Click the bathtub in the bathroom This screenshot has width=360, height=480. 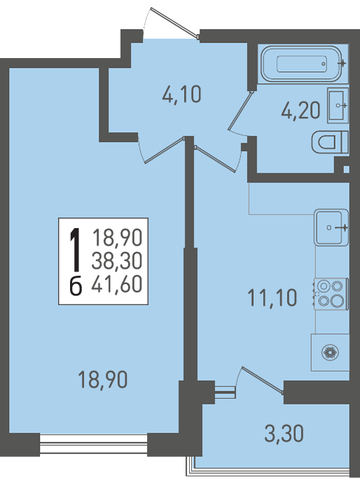pos(302,64)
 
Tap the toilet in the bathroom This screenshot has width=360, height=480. pos(330,142)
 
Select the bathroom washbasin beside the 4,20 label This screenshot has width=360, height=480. pos(338,105)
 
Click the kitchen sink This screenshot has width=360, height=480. pos(331,227)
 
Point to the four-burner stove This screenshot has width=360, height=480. pos(331,294)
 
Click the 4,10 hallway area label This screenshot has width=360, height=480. pos(182,94)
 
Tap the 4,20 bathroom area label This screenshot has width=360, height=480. pos(300,110)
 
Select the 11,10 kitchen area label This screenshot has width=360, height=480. pos(272,297)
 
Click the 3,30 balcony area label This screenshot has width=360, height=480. pos(284,433)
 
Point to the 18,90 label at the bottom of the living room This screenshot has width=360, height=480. pos(103,379)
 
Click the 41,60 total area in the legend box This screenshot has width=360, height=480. pos(117,284)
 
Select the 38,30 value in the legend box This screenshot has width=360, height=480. pos(117,261)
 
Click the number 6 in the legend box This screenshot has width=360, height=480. pos(76,287)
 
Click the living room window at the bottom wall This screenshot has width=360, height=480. pos(93,445)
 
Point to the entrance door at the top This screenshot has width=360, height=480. pos(174,23)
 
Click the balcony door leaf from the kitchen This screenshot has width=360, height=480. pos(262,379)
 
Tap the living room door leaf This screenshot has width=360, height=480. pos(164,150)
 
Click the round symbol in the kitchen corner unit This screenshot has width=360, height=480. pos(331,353)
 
